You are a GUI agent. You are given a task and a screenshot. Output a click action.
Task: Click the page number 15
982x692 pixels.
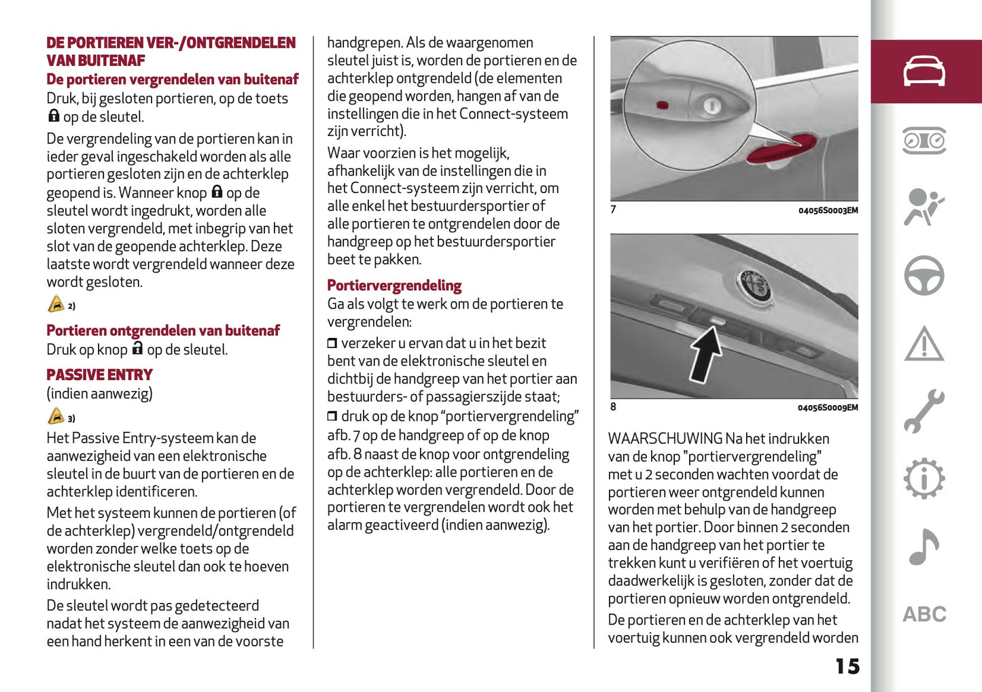847,666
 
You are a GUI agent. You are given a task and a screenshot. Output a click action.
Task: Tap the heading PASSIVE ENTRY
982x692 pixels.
99,375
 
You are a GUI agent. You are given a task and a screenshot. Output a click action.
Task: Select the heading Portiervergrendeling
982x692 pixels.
394,286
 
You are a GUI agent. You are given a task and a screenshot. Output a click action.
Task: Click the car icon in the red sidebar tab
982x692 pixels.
924,71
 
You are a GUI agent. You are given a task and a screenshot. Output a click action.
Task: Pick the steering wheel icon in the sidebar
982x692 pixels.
924,275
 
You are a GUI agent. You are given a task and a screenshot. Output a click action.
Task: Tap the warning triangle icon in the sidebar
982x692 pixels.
924,344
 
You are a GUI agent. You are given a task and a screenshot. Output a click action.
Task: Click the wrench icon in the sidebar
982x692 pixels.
924,411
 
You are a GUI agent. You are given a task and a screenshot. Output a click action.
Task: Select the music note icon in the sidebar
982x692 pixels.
924,547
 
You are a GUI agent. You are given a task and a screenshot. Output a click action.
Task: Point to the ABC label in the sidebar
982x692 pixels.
924,615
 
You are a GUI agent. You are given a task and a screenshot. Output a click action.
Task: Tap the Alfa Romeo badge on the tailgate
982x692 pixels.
754,284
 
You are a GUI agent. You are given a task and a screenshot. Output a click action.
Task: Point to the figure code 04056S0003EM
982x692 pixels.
828,211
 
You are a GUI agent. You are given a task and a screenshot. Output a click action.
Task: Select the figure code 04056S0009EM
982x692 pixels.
828,408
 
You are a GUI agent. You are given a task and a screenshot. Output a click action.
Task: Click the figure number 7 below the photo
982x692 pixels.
613,209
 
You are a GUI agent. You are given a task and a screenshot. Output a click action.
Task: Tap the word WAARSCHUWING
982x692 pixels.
665,439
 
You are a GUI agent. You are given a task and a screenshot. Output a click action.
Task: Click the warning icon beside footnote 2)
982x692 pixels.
56,305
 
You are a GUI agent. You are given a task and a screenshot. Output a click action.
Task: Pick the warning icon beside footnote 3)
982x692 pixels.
56,417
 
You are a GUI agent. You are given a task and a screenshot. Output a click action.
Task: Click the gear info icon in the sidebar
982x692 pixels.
924,479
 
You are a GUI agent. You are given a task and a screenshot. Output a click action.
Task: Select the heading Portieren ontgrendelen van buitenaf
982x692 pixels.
163,331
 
